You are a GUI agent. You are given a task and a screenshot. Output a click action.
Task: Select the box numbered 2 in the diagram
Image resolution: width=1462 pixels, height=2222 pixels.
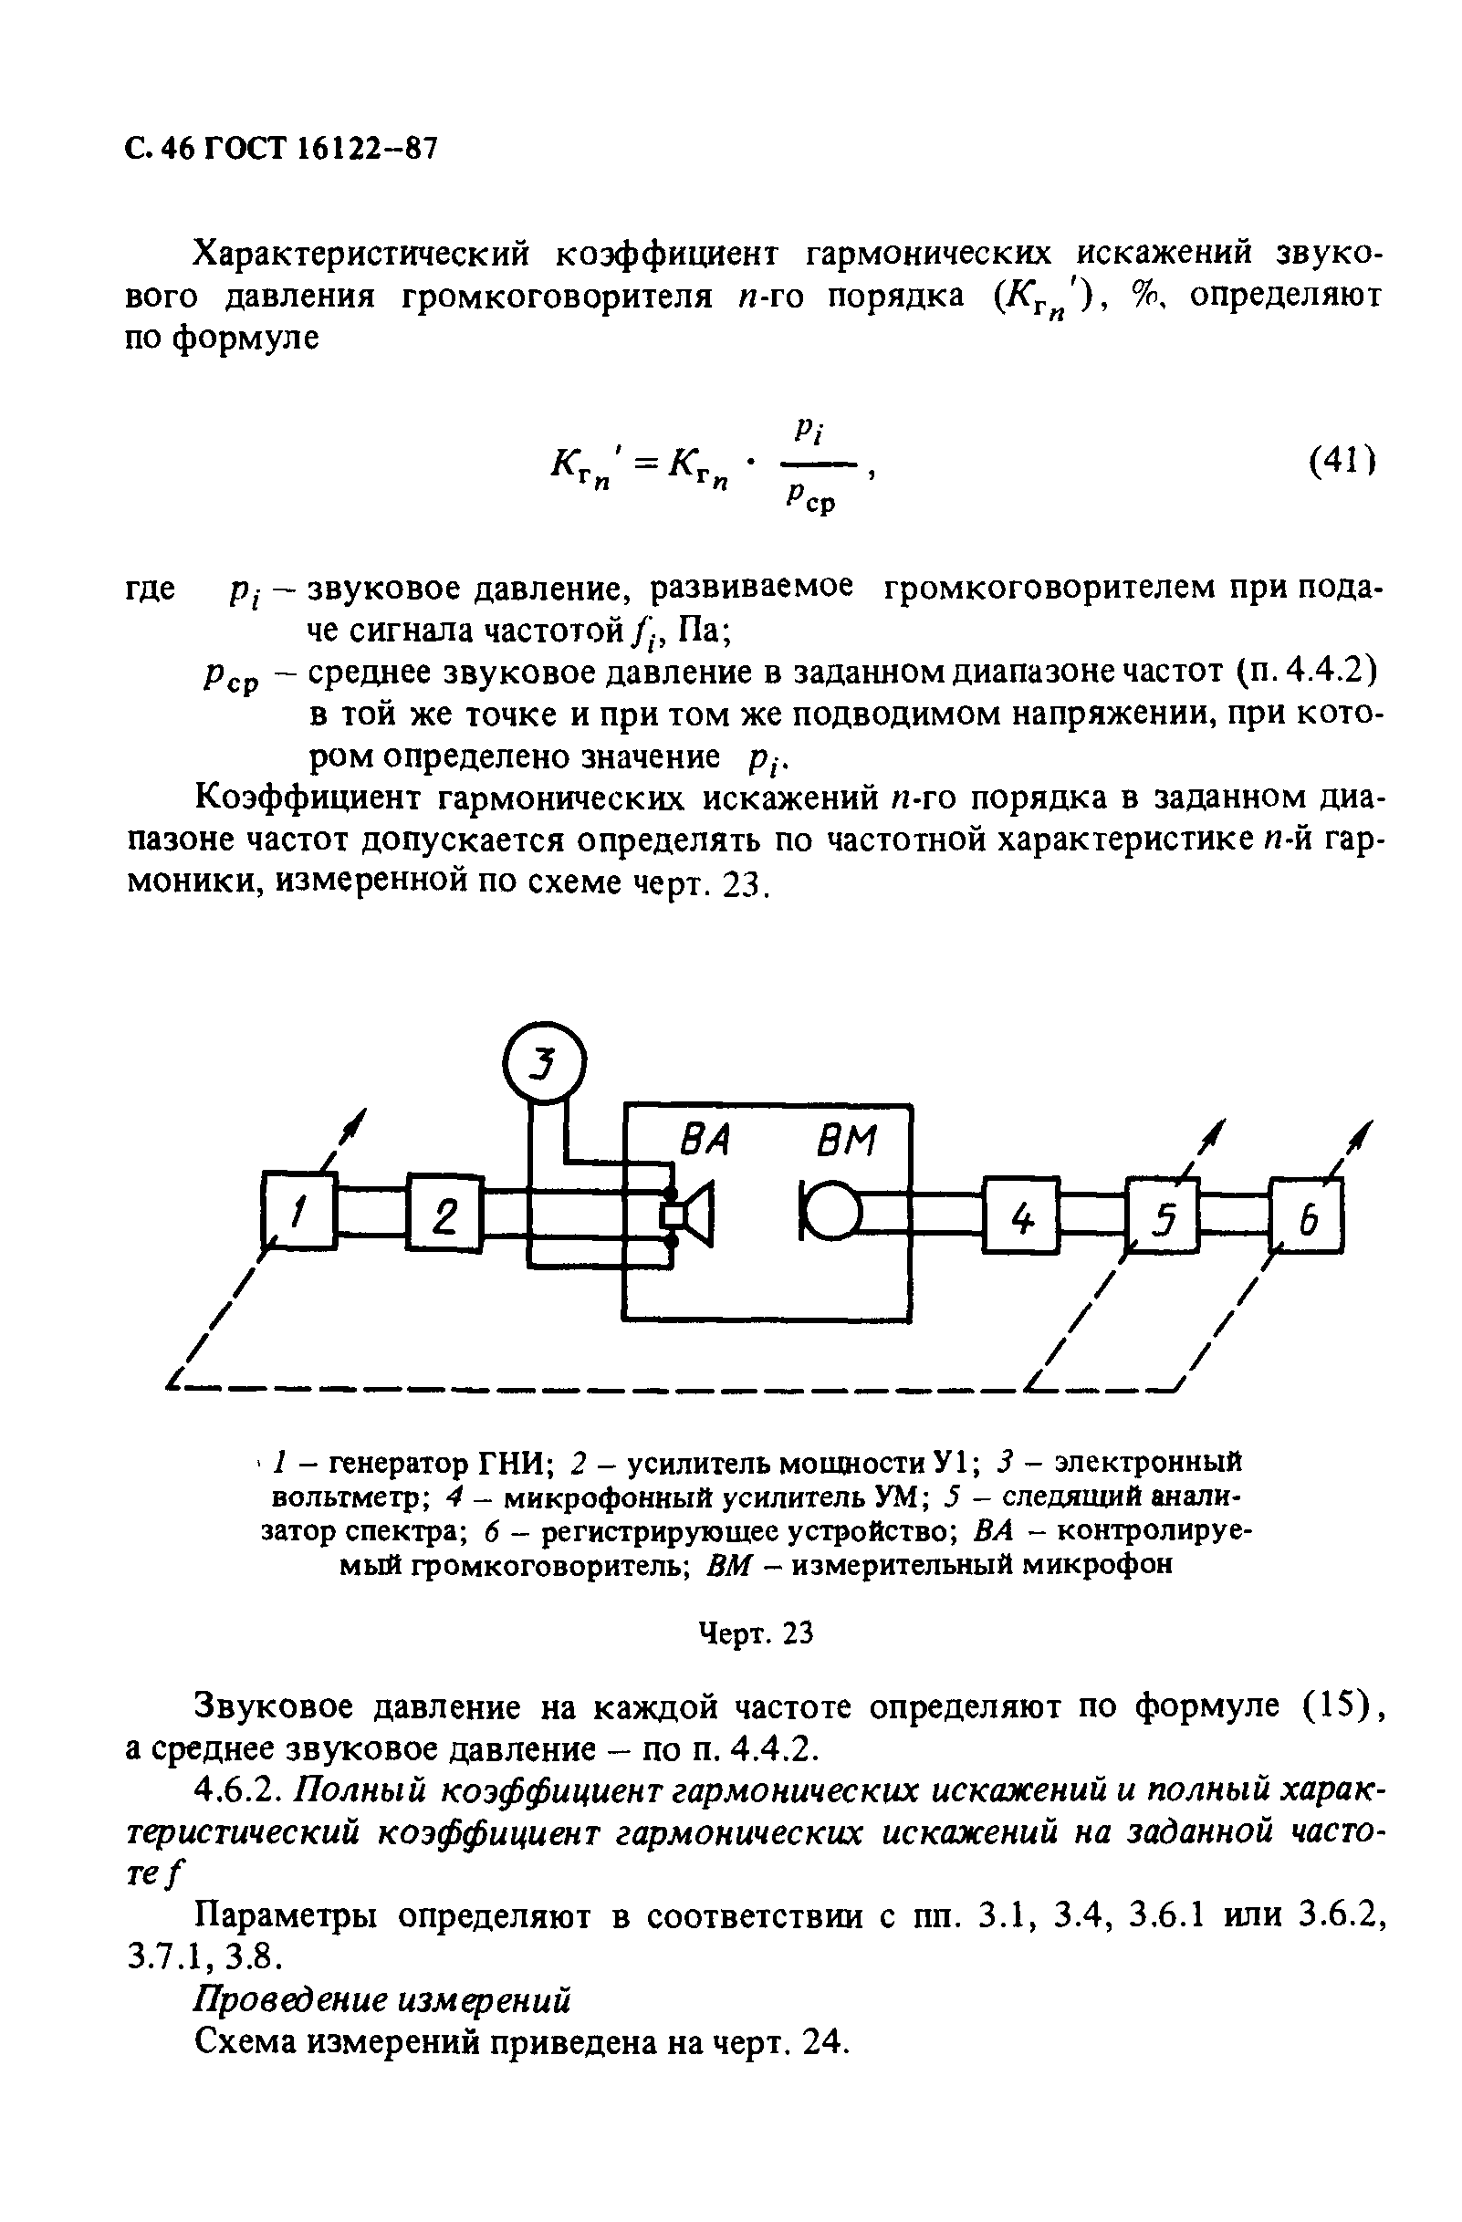point(444,1212)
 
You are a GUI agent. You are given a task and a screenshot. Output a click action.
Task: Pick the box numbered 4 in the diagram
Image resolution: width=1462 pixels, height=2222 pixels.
point(1021,1214)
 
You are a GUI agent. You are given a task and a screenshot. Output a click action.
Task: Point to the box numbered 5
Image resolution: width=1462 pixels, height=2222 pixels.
point(1163,1215)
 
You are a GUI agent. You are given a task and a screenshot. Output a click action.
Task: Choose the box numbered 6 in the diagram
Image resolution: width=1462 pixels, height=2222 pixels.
point(1307,1215)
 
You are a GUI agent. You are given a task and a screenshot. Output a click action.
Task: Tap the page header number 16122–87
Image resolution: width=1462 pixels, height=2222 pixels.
point(360,148)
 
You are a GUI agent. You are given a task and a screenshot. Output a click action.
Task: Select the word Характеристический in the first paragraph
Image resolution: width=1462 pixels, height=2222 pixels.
point(360,253)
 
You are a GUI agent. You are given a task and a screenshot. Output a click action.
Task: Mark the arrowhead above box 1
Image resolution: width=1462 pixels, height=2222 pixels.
point(356,1122)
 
